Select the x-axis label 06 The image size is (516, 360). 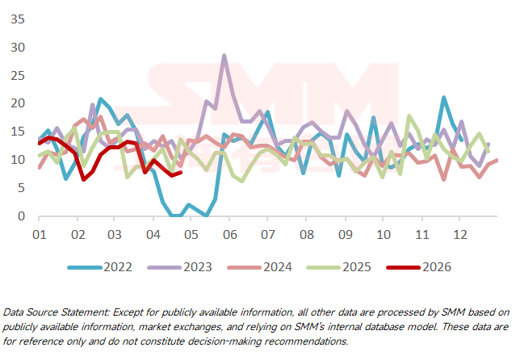pos(229,234)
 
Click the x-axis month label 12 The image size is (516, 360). pos(459,234)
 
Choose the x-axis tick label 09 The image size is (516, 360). pos(344,234)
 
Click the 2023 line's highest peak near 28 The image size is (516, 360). pos(224,56)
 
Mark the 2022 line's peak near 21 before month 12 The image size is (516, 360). pos(443,98)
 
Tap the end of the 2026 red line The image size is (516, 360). pos(181,172)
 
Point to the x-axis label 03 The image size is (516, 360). pos(115,234)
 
